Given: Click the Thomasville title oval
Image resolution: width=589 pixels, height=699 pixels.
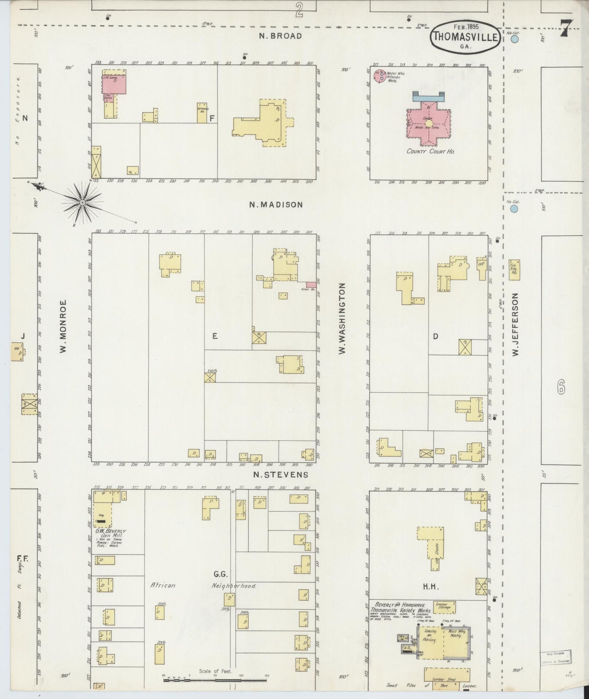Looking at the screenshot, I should coord(465,36).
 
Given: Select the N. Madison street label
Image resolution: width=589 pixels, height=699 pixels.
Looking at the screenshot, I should coord(276,205).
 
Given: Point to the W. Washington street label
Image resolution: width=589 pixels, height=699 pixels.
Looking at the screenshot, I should coord(342,319).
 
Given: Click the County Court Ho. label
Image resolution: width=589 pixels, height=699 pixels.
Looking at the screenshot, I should coord(430,151).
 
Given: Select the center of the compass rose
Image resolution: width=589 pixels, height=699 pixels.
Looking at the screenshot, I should coord(83,203).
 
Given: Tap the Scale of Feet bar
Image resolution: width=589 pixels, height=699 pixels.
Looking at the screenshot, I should coord(215,680).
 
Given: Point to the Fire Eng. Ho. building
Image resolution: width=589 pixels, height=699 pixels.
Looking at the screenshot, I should coord(514,270).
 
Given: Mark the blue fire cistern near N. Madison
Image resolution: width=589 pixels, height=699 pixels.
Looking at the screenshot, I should coord(514,209).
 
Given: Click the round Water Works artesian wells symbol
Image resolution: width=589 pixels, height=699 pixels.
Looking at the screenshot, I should coord(381,76).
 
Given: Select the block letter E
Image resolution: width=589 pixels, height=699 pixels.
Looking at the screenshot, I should coord(214,336).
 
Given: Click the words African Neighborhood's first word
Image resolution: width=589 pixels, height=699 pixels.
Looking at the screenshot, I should coord(163,585).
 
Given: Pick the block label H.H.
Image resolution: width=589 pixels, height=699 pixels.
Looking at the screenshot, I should coord(430,587).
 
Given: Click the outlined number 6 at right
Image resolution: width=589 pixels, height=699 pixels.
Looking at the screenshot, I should coord(561,388).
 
